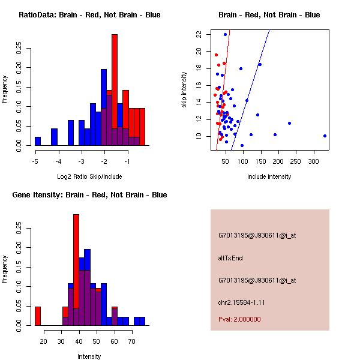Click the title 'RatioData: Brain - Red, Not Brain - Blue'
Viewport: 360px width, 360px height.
[x=89, y=14]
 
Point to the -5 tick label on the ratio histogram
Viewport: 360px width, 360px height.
[x=35, y=161]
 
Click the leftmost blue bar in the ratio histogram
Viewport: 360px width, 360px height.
[x=38, y=141]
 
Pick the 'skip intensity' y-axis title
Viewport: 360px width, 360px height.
[x=185, y=89]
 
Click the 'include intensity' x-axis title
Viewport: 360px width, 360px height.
[x=269, y=176]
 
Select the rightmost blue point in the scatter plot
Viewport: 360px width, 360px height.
[x=325, y=136]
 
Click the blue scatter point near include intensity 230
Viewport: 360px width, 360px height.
[x=289, y=123]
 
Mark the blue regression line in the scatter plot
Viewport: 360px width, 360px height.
[x=252, y=84]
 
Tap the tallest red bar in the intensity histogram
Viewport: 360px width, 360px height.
[x=76, y=270]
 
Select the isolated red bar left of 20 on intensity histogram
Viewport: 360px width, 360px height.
[x=38, y=316]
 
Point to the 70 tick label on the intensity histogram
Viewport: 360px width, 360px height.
[x=131, y=341]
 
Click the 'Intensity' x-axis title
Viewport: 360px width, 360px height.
[x=89, y=356]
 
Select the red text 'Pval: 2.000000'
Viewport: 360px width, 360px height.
[x=239, y=319]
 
